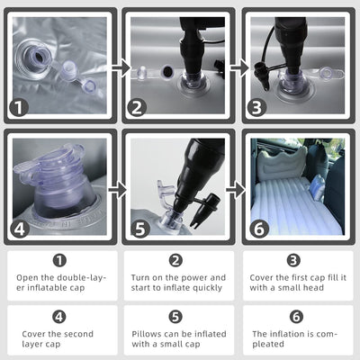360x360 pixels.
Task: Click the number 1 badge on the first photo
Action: [19, 108]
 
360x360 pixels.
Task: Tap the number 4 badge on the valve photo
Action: [20, 229]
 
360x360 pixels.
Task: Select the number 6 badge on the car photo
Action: [259, 229]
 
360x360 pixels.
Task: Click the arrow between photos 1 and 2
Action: [121, 67]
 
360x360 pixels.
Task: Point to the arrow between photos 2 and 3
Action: [239, 67]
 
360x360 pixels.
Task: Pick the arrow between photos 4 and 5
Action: [118, 190]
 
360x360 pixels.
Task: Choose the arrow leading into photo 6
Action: [236, 190]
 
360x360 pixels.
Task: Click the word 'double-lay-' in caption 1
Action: [82, 278]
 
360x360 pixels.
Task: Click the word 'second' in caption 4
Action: [79, 334]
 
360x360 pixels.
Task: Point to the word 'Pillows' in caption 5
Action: [147, 334]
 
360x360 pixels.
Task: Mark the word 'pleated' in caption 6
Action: [268, 344]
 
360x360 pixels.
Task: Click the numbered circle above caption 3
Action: [293, 260]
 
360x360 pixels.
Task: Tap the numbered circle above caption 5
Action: [175, 317]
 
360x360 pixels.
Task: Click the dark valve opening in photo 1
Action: [39, 56]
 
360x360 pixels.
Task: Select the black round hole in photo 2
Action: [166, 72]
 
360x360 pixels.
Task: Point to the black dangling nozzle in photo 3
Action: [261, 76]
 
